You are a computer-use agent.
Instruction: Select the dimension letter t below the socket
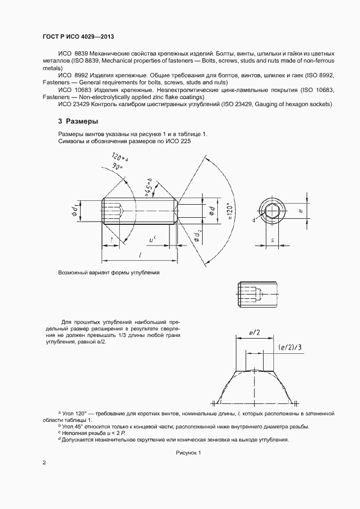[x=112, y=240]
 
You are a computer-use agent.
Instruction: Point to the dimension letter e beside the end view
[x=300, y=208]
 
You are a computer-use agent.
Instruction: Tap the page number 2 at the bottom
[x=45, y=463]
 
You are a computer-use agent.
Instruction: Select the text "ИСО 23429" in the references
[x=73, y=104]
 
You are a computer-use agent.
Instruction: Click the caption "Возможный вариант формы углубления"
[x=109, y=272]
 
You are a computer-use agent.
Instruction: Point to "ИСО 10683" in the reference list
[x=73, y=89]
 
